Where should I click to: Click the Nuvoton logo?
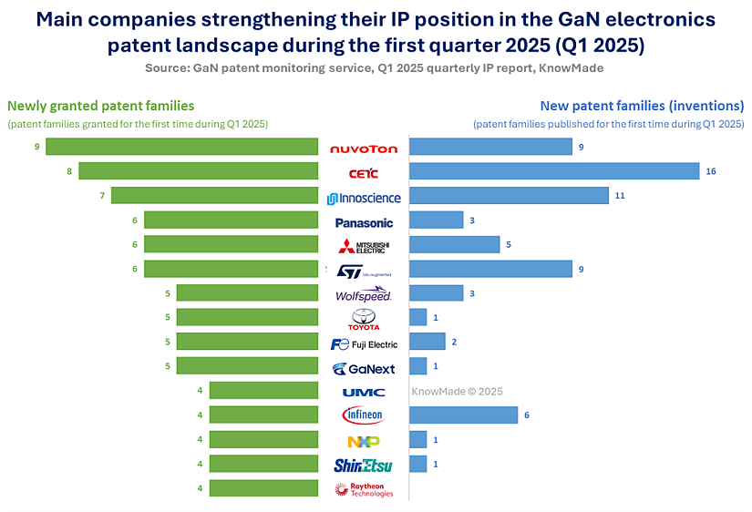coord(364,148)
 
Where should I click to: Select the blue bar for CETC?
coord(554,171)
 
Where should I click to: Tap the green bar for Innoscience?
coord(218,196)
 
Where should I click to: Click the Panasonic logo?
coord(364,221)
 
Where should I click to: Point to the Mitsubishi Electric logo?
coord(364,246)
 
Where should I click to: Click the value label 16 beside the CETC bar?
coord(711,171)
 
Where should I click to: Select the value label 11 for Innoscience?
coord(620,196)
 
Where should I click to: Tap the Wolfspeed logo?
coord(364,294)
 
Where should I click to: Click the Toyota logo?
coord(364,319)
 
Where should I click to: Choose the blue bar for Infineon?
coord(464,415)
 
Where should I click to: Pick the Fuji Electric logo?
coord(364,343)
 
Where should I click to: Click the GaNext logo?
coord(364,368)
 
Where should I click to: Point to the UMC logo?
coord(364,392)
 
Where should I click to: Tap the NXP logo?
coord(364,441)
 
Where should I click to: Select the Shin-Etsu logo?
coord(364,465)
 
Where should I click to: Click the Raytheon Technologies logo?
coord(364,489)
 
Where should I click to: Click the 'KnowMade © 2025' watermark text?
coord(457,391)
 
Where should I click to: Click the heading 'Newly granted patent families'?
coord(101,106)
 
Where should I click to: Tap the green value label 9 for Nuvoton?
coord(36,146)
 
